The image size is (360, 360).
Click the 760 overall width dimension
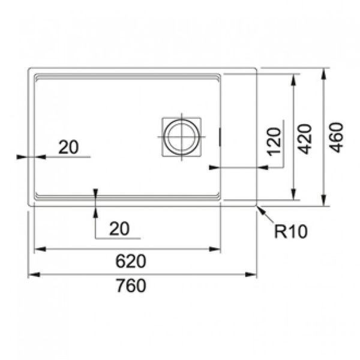[x=131, y=286]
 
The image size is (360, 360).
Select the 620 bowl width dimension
[x=131, y=261]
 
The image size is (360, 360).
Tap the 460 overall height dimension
[x=337, y=137]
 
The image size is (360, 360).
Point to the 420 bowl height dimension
[x=305, y=139]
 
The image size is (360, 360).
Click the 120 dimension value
[x=274, y=142]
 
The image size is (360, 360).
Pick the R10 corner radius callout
[x=290, y=232]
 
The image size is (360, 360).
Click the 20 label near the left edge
[x=68, y=147]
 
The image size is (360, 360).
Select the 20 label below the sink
[x=119, y=229]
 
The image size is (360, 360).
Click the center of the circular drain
[x=181, y=137]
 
